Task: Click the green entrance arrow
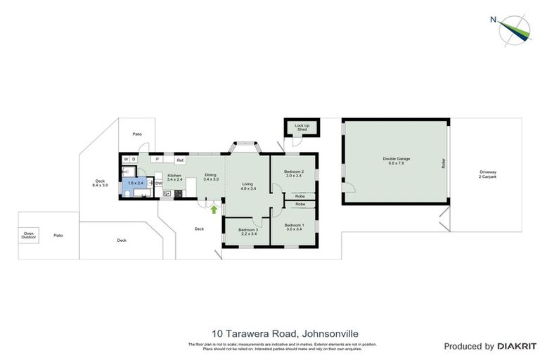(x=213, y=209)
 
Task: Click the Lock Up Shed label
(x=302, y=127)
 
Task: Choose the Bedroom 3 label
(x=247, y=231)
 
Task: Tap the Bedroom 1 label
(x=293, y=226)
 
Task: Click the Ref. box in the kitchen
(x=180, y=160)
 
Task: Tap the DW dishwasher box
(x=158, y=184)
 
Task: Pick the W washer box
(x=127, y=160)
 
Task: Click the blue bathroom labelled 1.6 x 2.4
(x=135, y=183)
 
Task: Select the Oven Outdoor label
(x=28, y=235)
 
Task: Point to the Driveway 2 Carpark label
(x=487, y=174)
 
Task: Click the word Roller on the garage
(x=444, y=162)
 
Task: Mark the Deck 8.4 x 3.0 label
(x=100, y=183)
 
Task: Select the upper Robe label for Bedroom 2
(x=300, y=196)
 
